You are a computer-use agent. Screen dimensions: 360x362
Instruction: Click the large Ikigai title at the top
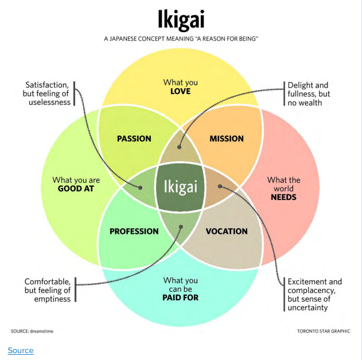(181, 19)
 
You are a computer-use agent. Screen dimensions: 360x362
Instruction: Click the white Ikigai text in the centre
(181, 187)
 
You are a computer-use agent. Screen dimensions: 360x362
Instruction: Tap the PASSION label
(134, 138)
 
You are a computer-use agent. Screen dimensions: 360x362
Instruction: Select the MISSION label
(227, 138)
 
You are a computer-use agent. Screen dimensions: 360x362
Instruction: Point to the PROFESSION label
(134, 231)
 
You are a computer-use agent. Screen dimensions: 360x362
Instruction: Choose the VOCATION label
(227, 231)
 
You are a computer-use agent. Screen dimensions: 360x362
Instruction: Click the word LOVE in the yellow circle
(180, 91)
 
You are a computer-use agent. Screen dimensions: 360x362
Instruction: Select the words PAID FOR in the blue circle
(181, 298)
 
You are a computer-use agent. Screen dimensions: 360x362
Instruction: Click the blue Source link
(21, 350)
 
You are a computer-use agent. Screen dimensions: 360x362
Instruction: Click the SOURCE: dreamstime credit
(36, 331)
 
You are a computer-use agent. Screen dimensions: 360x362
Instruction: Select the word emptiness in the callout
(52, 299)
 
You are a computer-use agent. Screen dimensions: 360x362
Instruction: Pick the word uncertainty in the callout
(307, 307)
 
